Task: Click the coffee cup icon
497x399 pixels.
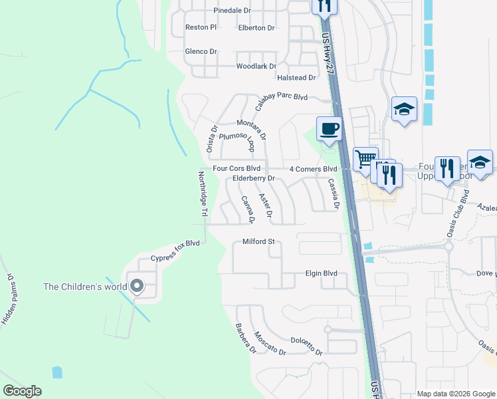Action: click(x=328, y=128)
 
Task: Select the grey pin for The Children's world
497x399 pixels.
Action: click(x=137, y=286)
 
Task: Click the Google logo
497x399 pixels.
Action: click(x=22, y=391)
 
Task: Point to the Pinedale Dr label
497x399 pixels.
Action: click(x=232, y=11)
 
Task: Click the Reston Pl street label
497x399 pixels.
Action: click(x=201, y=27)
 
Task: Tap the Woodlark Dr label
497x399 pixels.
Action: click(x=256, y=66)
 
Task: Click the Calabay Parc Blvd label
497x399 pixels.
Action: click(x=281, y=97)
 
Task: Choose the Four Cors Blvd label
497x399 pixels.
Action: click(x=236, y=168)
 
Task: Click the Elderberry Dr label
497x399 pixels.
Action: click(x=254, y=179)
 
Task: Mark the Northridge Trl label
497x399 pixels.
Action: click(x=203, y=194)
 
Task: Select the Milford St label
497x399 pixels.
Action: click(x=258, y=241)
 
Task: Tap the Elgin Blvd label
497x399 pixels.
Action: click(x=322, y=273)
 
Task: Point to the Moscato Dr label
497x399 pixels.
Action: click(x=270, y=343)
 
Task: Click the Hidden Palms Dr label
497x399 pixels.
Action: click(x=7, y=299)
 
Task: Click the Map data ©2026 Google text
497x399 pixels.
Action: click(x=455, y=394)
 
